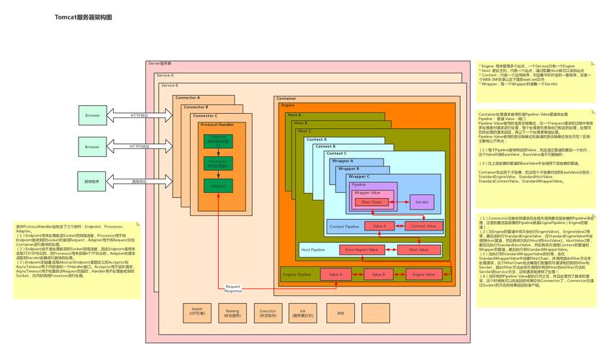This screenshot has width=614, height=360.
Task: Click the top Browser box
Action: click(x=92, y=115)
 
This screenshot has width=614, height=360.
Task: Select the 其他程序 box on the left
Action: click(x=92, y=181)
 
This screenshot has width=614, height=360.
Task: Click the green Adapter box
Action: click(x=217, y=186)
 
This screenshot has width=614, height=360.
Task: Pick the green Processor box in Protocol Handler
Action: click(x=217, y=163)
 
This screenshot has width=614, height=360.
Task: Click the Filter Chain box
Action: click(x=371, y=202)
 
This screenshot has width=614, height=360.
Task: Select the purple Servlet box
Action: click(x=422, y=202)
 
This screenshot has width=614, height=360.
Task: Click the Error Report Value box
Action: click(x=362, y=250)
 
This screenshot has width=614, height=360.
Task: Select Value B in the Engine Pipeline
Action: click(x=379, y=274)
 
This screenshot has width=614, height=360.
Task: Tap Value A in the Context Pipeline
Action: click(x=379, y=226)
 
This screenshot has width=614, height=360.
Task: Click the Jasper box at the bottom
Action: click(x=197, y=313)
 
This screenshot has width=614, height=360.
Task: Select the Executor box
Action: click(x=268, y=313)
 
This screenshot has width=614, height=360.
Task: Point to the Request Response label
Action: click(x=233, y=289)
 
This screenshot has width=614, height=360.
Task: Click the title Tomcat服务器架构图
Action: click(x=83, y=17)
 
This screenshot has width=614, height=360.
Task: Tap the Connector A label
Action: click(x=188, y=97)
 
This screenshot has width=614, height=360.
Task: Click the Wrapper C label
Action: click(x=359, y=176)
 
